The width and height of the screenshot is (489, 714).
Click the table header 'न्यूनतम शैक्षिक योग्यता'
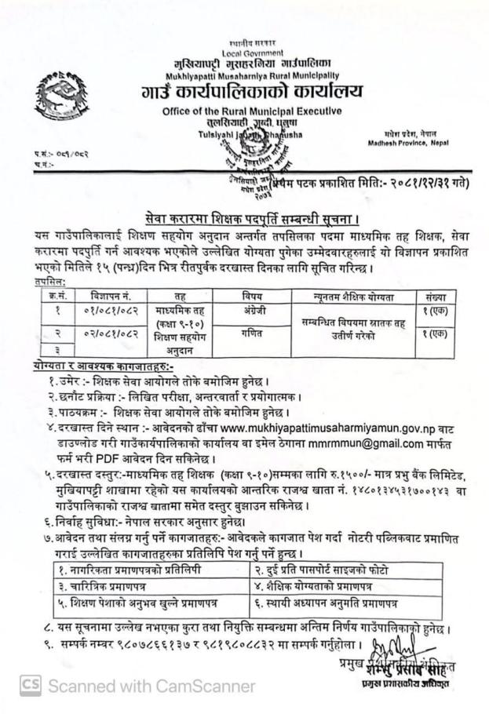pos(354,297)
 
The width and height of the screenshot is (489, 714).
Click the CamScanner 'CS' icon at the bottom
pos(30,686)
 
